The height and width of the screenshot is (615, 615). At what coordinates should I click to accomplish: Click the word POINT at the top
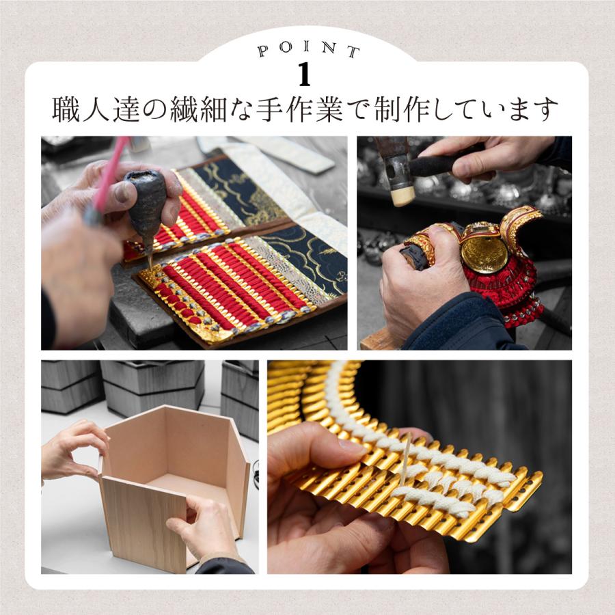click(x=308, y=51)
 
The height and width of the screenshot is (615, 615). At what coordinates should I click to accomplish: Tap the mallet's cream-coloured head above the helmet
click(x=402, y=195)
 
